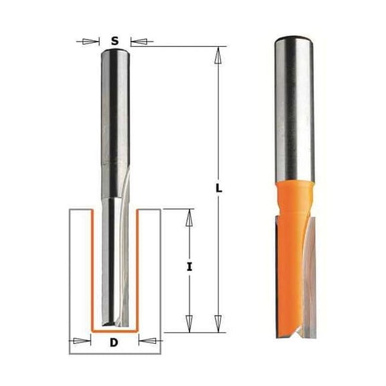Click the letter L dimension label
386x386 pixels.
click(219, 190)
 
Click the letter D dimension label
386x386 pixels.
click(115, 344)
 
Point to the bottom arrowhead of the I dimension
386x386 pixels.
click(190, 325)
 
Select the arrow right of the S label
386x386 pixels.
click(138, 42)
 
